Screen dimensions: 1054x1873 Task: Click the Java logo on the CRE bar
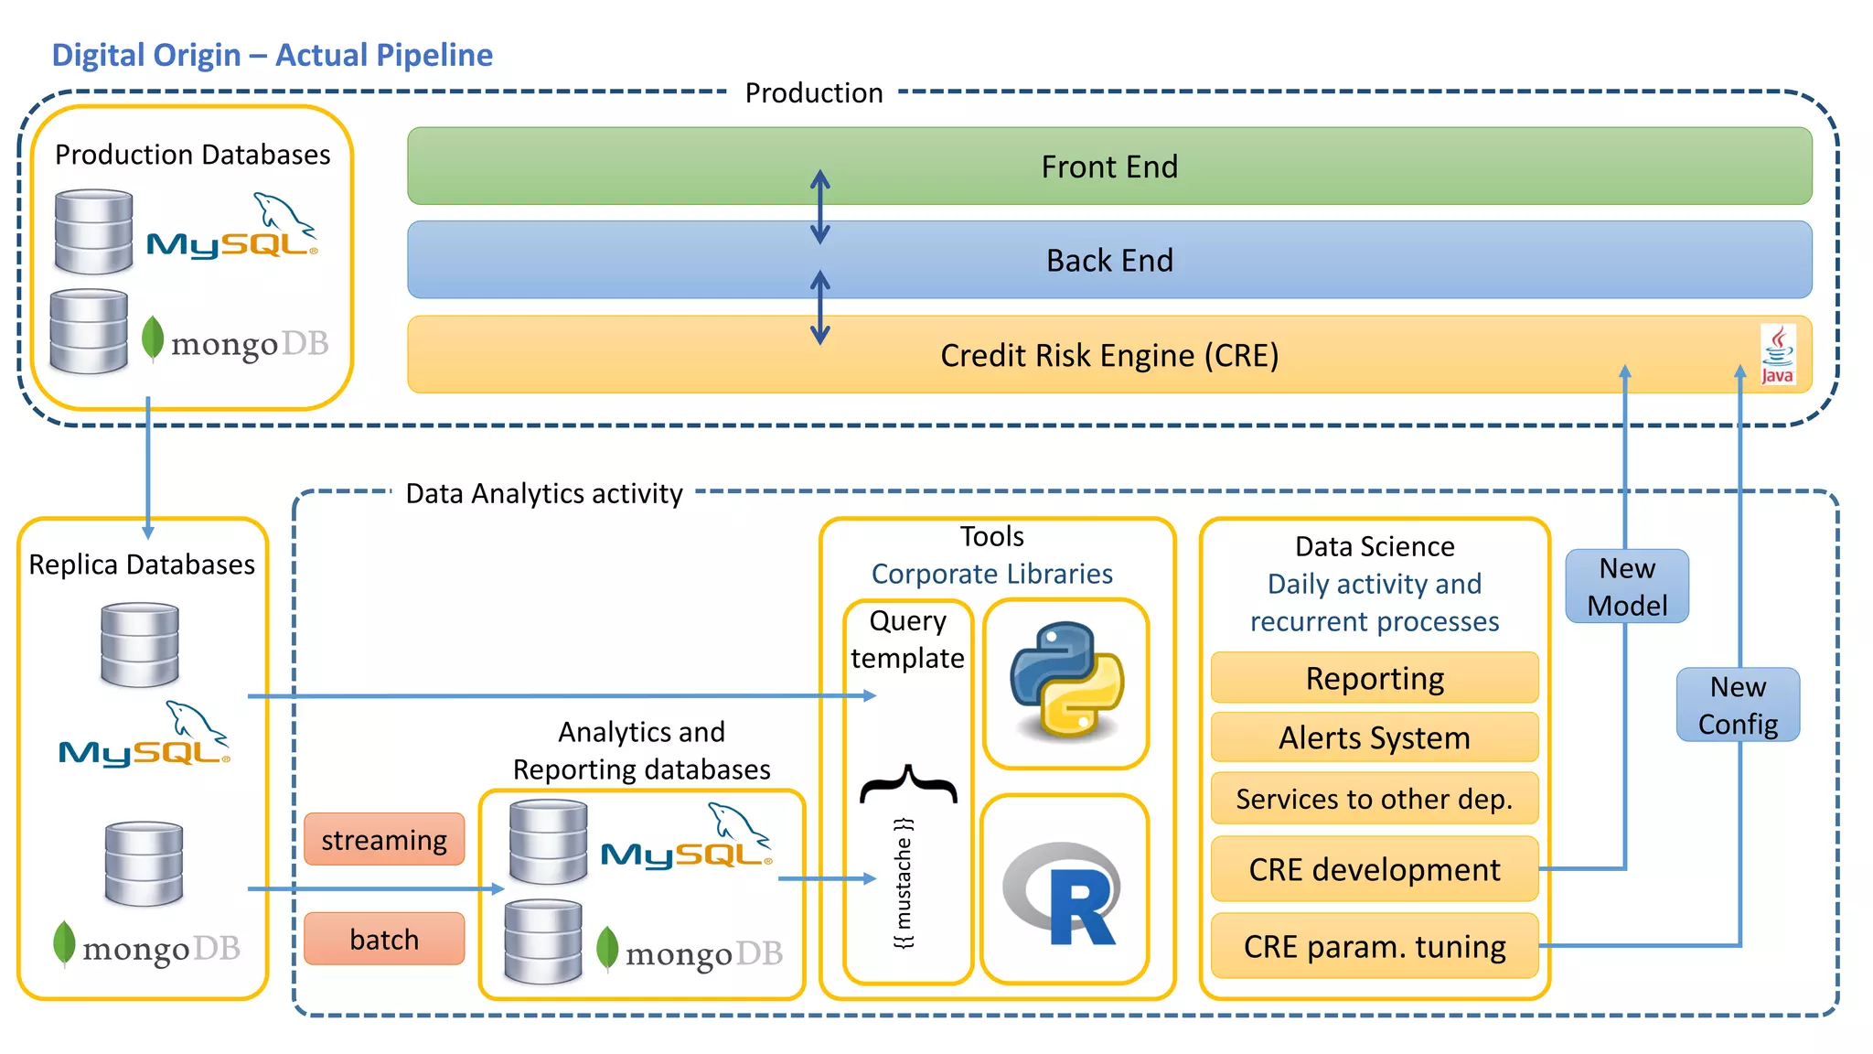pos(1777,355)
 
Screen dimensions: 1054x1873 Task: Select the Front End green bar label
pos(1108,167)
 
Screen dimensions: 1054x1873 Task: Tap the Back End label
pos(1108,261)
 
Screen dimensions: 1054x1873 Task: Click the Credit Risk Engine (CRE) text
pos(1108,355)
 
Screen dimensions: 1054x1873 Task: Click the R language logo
pos(1064,892)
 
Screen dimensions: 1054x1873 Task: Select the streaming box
pos(384,839)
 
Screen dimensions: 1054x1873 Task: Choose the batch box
pos(384,939)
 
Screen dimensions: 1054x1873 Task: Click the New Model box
pos(1626,586)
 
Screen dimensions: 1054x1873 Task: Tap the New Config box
pos(1737,704)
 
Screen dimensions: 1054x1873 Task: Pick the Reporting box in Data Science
pos(1374,678)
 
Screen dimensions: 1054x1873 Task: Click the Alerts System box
pos(1374,737)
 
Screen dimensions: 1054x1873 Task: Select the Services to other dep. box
pos(1374,799)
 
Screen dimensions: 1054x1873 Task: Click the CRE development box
pos(1374,868)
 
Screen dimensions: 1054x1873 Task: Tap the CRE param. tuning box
pos(1374,946)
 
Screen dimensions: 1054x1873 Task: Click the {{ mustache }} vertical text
pos(904,883)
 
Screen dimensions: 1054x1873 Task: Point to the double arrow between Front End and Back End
pos(819,208)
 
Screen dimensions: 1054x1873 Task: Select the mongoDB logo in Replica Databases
pos(146,946)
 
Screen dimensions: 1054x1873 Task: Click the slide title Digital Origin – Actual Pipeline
pos(272,55)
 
